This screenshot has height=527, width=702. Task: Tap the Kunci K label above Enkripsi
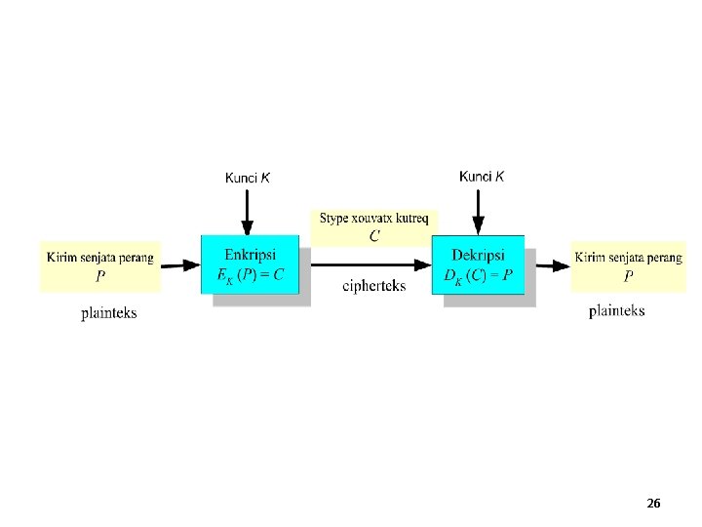(x=248, y=178)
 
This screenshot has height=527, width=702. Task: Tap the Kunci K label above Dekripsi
(x=482, y=177)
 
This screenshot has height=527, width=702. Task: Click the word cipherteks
(x=374, y=285)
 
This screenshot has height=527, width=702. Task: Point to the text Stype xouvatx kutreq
(x=373, y=219)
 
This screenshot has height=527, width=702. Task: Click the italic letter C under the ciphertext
(x=374, y=236)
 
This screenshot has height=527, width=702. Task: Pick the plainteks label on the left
(x=109, y=313)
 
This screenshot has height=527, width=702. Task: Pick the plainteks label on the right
(x=616, y=310)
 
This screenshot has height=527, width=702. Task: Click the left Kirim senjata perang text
(x=100, y=257)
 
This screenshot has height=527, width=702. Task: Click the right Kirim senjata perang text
(x=628, y=258)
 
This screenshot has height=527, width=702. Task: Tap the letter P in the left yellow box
(x=100, y=276)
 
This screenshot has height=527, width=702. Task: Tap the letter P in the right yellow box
(x=628, y=276)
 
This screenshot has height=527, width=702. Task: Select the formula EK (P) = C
(x=251, y=275)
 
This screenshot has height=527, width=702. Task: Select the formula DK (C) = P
(x=478, y=276)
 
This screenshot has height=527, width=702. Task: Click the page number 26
(x=653, y=503)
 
